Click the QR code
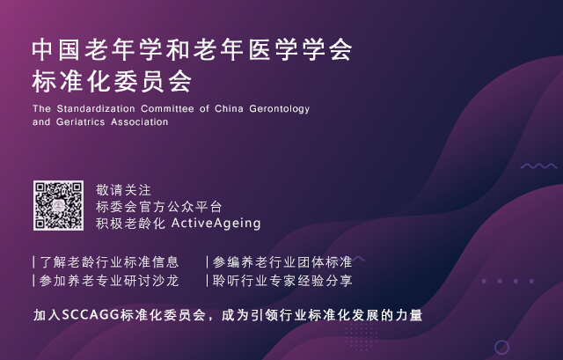[x=59, y=205]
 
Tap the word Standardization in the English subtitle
[x=96, y=108]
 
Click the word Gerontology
[x=280, y=109]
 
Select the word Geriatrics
[x=80, y=122]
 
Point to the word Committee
[x=167, y=108]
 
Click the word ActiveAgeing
[x=216, y=224]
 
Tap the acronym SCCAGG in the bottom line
[x=91, y=315]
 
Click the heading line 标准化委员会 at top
[x=112, y=82]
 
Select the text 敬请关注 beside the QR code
[x=123, y=190]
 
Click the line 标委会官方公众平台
[x=158, y=207]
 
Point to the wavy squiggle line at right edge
[x=539, y=166]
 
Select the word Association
[x=139, y=122]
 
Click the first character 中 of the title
[x=43, y=49]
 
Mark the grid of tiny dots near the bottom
[x=361, y=337]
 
